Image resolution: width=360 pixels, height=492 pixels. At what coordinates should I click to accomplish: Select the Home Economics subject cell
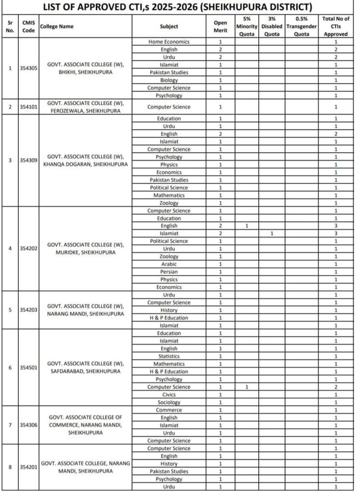[x=169, y=42]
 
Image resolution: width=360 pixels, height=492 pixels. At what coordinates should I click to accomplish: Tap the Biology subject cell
[x=169, y=80]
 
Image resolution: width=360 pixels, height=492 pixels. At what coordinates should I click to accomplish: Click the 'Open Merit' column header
[x=220, y=26]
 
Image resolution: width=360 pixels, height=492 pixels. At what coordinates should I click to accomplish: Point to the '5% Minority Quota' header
[x=247, y=26]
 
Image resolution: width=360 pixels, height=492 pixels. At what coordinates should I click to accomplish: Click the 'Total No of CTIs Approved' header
[x=336, y=26]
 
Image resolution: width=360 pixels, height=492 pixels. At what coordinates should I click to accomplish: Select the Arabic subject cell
[x=169, y=264]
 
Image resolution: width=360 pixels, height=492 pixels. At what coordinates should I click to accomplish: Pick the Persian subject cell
[x=169, y=272]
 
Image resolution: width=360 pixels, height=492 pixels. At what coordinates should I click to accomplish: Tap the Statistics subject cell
[x=169, y=357]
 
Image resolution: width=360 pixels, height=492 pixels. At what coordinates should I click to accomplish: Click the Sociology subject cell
[x=169, y=403]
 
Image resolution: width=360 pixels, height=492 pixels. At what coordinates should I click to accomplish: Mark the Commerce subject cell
[x=169, y=410]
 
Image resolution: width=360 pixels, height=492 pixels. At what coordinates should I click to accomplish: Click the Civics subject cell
[x=169, y=395]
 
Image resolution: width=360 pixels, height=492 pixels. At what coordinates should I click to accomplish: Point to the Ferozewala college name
[x=85, y=107]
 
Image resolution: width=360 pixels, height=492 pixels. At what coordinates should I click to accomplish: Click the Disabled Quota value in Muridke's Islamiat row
[x=272, y=234]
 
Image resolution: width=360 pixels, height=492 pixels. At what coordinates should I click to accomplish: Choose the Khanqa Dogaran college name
[x=85, y=160]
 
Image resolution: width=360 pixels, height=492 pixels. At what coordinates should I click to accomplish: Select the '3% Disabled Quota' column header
[x=272, y=26]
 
